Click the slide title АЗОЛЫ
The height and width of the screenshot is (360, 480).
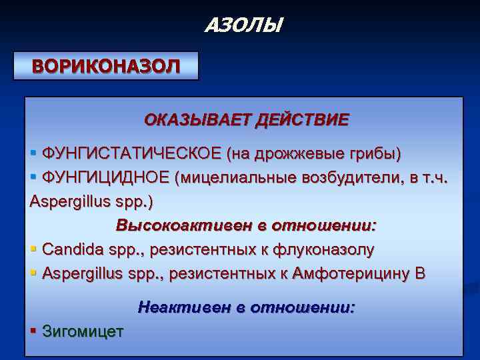tap(243, 25)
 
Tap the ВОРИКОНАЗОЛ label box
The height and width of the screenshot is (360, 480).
tap(107, 66)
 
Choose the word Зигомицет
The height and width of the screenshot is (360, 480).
tap(83, 331)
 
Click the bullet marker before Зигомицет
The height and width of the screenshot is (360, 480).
tap(34, 331)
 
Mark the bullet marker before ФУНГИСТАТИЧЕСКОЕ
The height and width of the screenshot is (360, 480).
tap(34, 154)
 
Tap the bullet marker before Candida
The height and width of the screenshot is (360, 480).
tap(34, 249)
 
